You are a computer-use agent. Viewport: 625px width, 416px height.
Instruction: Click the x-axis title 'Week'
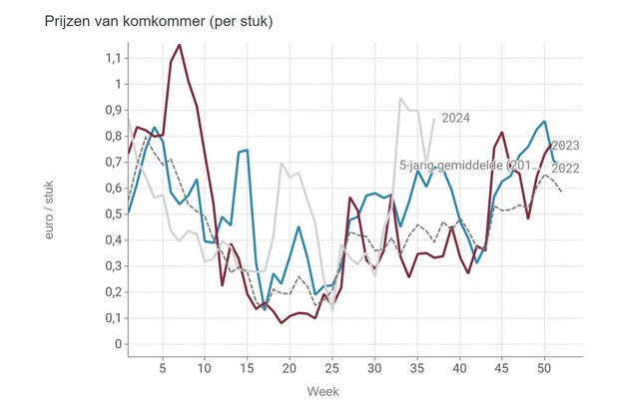point(322,390)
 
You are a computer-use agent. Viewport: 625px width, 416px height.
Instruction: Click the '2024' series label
point(455,118)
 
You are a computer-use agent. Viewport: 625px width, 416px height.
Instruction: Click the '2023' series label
point(565,146)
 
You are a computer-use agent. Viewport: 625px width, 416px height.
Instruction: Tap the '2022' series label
point(565,168)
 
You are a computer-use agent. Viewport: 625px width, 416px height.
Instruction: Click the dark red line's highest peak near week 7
point(179,45)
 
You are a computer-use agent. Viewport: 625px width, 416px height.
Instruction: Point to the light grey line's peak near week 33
point(400,98)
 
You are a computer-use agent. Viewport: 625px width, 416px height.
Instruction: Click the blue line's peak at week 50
point(544,122)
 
